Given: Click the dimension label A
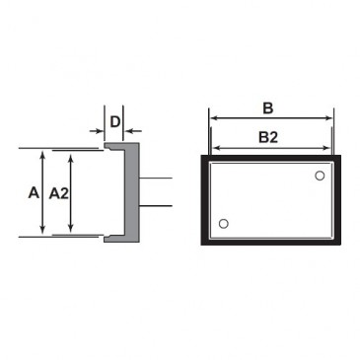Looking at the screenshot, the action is click(x=34, y=192).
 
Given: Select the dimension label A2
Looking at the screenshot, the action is click(x=59, y=193).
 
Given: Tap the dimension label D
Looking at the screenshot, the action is click(x=115, y=122).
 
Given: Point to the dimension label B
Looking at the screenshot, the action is click(x=268, y=108).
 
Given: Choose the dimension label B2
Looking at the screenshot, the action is click(x=268, y=137).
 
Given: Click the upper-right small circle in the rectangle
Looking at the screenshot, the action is click(x=320, y=176).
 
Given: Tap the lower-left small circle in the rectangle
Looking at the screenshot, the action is click(x=223, y=224).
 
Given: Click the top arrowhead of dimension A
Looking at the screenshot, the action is click(x=42, y=155).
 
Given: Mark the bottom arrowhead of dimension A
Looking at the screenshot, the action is click(x=42, y=229).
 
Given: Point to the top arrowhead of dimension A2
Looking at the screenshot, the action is click(x=71, y=157).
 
